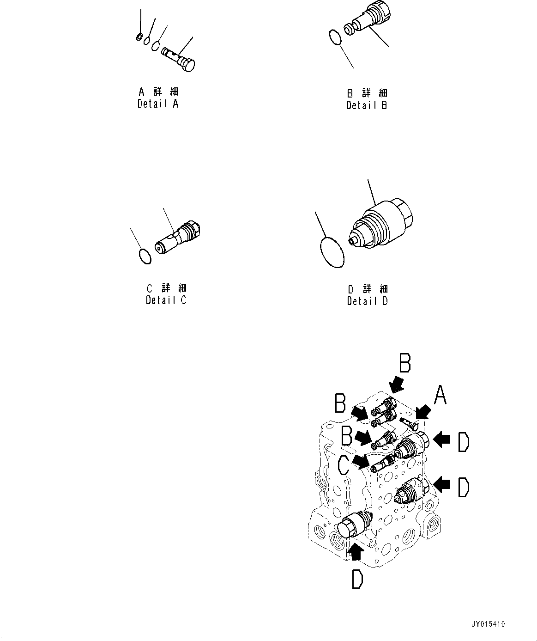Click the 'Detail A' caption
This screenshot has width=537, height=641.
pyautogui.click(x=158, y=104)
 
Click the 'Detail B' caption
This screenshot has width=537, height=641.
pyautogui.click(x=367, y=105)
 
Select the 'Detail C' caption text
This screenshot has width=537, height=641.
pyautogui.click(x=166, y=300)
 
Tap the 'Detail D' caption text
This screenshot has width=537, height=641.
pyautogui.click(x=368, y=301)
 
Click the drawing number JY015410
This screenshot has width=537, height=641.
pyautogui.click(x=488, y=624)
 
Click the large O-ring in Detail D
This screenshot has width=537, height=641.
pyautogui.click(x=332, y=252)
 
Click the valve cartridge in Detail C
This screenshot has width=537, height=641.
pyautogui.click(x=178, y=237)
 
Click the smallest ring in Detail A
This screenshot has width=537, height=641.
pyautogui.click(x=139, y=37)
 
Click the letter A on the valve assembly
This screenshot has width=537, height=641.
pyautogui.click(x=440, y=396)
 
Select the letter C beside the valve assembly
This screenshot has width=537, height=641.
pyautogui.click(x=344, y=465)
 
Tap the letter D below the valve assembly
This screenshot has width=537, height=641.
pyautogui.click(x=357, y=579)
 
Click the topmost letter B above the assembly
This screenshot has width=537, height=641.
pyautogui.click(x=404, y=364)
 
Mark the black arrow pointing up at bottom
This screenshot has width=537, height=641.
pyautogui.click(x=355, y=551)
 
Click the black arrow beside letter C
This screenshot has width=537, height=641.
pyautogui.click(x=361, y=460)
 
